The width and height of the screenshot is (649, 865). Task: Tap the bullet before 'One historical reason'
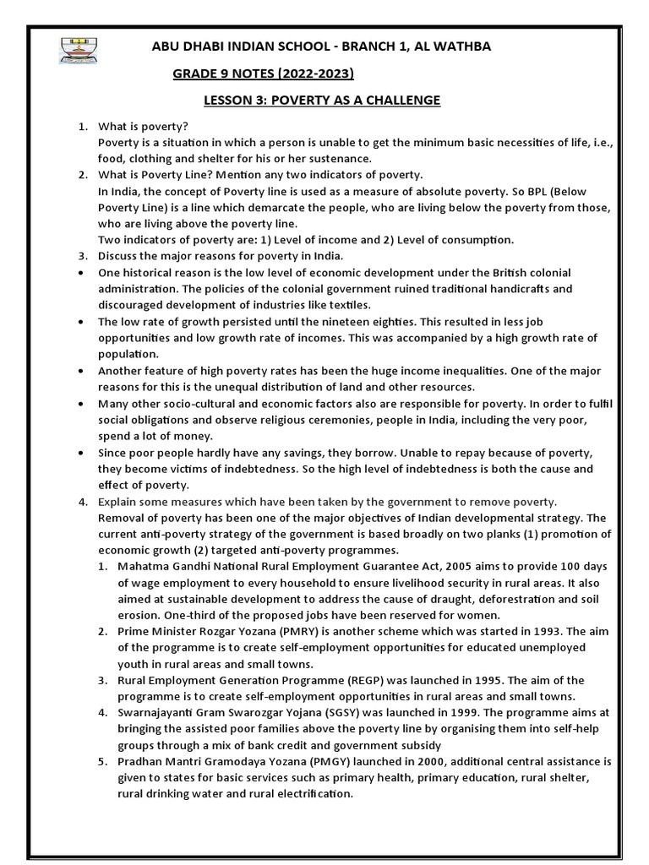(x=79, y=273)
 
